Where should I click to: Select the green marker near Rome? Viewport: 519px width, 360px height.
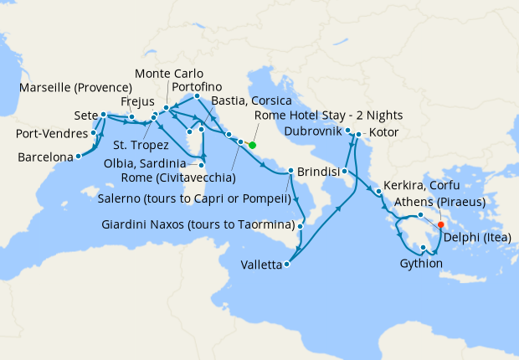(252, 144)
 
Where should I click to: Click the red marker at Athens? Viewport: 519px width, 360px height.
(441, 224)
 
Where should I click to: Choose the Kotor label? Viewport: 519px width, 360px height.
(381, 133)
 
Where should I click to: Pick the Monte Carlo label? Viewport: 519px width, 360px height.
(168, 74)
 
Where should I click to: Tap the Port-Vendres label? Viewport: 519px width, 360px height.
(52, 134)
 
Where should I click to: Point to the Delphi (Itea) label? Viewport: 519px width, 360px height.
(478, 236)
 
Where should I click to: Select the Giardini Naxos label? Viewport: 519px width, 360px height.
(198, 225)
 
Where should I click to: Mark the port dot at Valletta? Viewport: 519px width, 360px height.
(287, 265)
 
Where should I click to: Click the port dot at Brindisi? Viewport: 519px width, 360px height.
(290, 172)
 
